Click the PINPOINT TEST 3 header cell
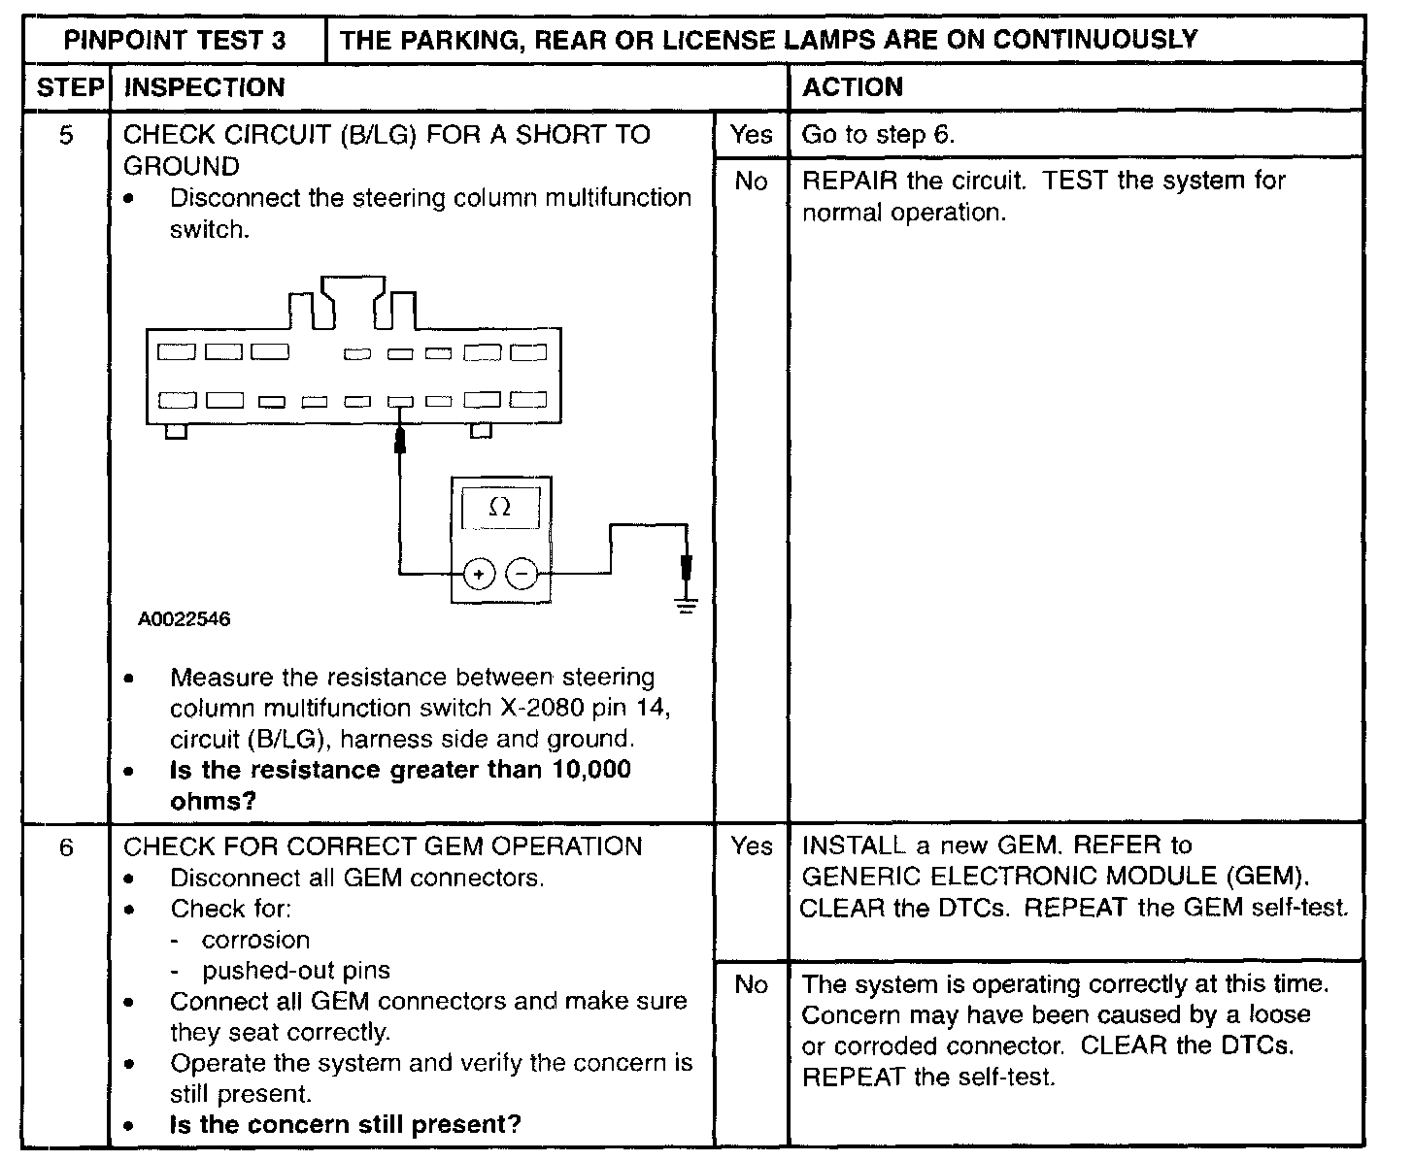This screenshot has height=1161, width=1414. (x=175, y=40)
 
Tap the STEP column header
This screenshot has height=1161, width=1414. (x=68, y=87)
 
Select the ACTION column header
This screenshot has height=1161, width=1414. (x=852, y=87)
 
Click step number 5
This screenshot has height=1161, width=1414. (x=66, y=135)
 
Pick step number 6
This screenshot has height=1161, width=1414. (x=66, y=847)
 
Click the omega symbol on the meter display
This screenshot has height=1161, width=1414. (x=500, y=507)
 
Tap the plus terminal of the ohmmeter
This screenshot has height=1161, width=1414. (x=478, y=574)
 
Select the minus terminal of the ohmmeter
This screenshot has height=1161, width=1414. (x=522, y=574)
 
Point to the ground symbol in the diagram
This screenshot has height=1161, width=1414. (x=687, y=607)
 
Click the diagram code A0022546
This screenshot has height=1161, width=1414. (x=185, y=619)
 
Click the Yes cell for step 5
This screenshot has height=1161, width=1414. (x=751, y=135)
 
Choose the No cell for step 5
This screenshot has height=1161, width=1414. (x=751, y=182)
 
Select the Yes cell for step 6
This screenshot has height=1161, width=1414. (x=751, y=846)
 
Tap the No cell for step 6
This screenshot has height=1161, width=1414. (x=751, y=985)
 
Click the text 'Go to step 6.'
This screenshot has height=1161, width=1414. (x=878, y=135)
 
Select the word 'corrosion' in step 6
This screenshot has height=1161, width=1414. (x=256, y=941)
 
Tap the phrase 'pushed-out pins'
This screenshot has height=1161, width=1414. (x=296, y=971)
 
